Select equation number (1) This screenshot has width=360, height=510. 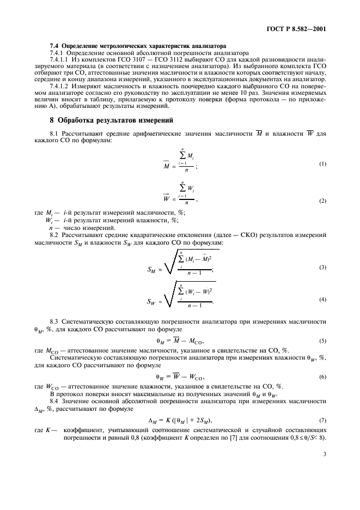(x=324, y=164)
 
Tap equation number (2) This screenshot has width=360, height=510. (x=324, y=201)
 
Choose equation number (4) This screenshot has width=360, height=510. (x=324, y=300)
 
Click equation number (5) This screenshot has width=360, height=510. (x=324, y=341)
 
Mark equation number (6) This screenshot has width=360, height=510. (x=324, y=377)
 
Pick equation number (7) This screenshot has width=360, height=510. (x=324, y=419)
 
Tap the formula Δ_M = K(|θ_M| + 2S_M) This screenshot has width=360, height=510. (x=180, y=419)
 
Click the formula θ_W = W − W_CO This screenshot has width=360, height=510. (x=180, y=377)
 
